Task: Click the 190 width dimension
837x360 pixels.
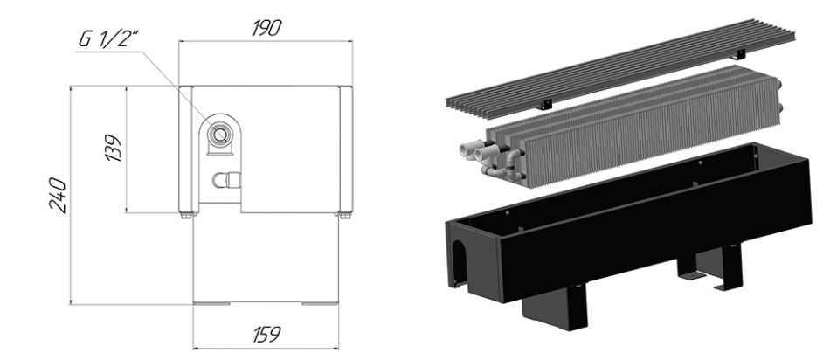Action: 266,28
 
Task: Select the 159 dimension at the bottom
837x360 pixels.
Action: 266,335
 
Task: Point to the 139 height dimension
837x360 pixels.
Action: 114,148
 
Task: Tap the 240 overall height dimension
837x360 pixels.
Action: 58,196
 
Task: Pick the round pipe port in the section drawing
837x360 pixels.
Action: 218,134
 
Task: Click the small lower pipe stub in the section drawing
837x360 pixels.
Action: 226,180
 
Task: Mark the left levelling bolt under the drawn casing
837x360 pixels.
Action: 188,215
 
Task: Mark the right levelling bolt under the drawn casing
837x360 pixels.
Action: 343,215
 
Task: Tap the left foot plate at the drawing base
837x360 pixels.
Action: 211,303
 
